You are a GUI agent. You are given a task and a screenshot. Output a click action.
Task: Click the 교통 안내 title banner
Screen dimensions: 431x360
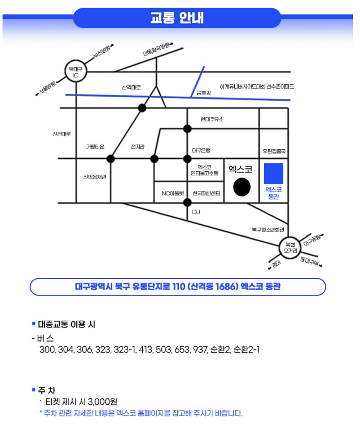[x=177, y=19]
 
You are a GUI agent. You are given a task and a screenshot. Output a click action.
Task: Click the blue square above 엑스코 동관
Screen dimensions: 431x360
[x=273, y=173]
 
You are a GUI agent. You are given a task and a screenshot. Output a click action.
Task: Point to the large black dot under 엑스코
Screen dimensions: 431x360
[x=242, y=187]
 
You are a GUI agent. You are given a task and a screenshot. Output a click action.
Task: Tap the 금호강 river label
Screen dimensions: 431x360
[x=203, y=93]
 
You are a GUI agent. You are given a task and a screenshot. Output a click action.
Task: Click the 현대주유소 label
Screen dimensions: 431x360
[x=212, y=119]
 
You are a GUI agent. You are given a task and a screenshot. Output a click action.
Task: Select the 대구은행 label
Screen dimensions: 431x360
[x=201, y=150]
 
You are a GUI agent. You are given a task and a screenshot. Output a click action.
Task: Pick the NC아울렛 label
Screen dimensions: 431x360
[x=173, y=194]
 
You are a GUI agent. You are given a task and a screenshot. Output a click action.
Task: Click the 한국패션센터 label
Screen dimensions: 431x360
[x=206, y=194]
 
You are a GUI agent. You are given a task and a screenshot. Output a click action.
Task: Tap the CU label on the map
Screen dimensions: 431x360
[x=196, y=212]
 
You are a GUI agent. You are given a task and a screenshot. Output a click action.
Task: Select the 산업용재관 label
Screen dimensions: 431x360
[x=95, y=177]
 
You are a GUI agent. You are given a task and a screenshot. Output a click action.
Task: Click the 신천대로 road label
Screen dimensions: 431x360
[x=62, y=134]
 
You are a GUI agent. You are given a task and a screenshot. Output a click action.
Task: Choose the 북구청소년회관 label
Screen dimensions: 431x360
[x=268, y=229]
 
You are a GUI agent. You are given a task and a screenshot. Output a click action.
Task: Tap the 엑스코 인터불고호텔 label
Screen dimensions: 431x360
[x=204, y=170]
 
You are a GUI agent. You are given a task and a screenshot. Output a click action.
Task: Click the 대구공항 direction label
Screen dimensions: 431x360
[x=312, y=240]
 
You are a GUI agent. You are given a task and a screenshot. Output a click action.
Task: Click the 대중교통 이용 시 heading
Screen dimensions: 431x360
[x=67, y=324]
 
